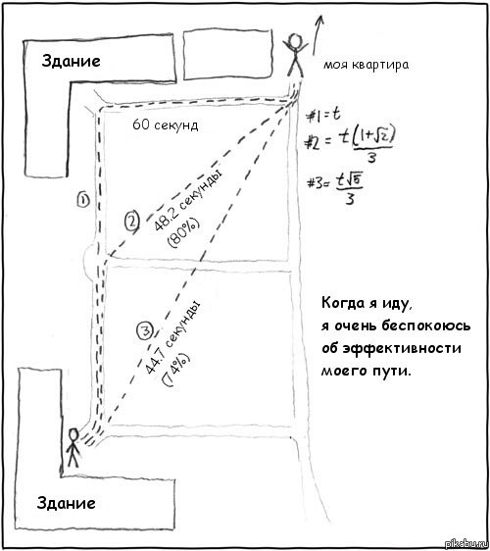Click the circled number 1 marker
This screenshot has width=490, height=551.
click(83, 200)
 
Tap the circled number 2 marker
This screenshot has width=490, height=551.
click(132, 222)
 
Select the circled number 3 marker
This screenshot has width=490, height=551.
click(145, 330)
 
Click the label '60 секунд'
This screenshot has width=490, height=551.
click(165, 125)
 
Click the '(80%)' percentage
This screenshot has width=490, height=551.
click(183, 233)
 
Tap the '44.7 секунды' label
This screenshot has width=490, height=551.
click(172, 337)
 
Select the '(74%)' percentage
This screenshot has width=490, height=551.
click(175, 369)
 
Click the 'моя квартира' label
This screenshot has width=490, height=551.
click(366, 65)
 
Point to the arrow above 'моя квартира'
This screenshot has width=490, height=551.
click(318, 35)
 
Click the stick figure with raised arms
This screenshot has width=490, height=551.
click(295, 55)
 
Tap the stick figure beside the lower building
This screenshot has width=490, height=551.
click(73, 447)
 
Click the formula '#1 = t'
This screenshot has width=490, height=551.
click(323, 115)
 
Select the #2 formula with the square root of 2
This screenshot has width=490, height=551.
click(350, 144)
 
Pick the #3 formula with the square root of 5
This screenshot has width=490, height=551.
click(335, 188)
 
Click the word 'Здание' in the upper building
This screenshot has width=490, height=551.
click(71, 61)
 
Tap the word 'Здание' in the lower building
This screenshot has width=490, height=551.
click(66, 503)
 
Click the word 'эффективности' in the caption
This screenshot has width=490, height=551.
click(402, 349)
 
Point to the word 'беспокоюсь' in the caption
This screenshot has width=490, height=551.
click(426, 326)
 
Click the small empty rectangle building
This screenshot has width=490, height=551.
click(228, 55)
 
